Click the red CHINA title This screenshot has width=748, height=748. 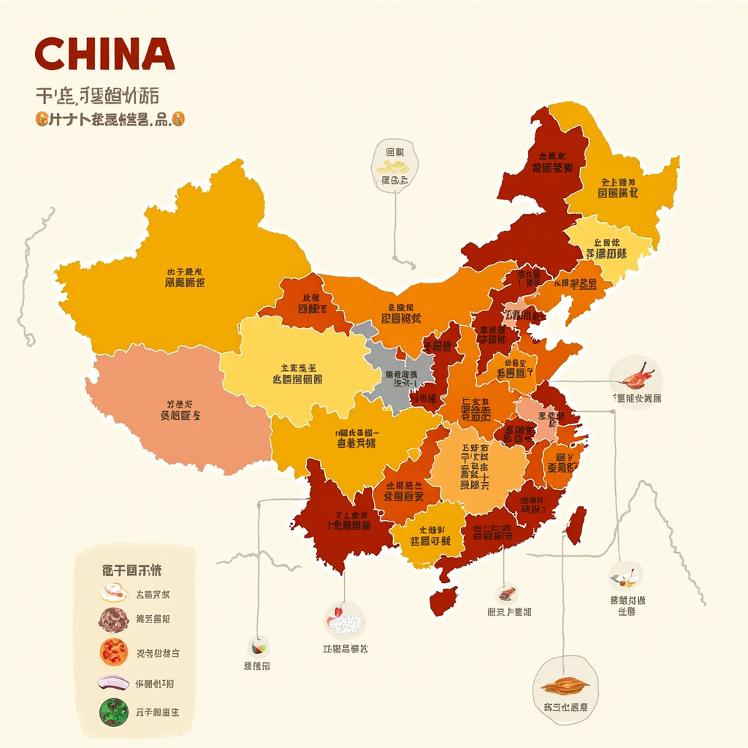click(104, 55)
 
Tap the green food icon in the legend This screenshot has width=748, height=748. click(113, 711)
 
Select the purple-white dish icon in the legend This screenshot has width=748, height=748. click(113, 683)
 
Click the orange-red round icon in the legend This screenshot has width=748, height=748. click(113, 652)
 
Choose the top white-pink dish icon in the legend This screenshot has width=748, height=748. click(114, 592)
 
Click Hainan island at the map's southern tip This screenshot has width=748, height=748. click(443, 600)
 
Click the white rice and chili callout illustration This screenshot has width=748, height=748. click(345, 622)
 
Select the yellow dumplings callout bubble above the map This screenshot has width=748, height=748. click(394, 167)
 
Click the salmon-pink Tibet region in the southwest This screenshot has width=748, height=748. click(175, 413)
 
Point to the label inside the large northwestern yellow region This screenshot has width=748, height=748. click(185, 277)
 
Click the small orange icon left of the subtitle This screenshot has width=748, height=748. click(40, 118)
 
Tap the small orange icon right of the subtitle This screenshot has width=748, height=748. click(180, 118)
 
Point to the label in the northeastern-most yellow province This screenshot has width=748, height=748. click(618, 188)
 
